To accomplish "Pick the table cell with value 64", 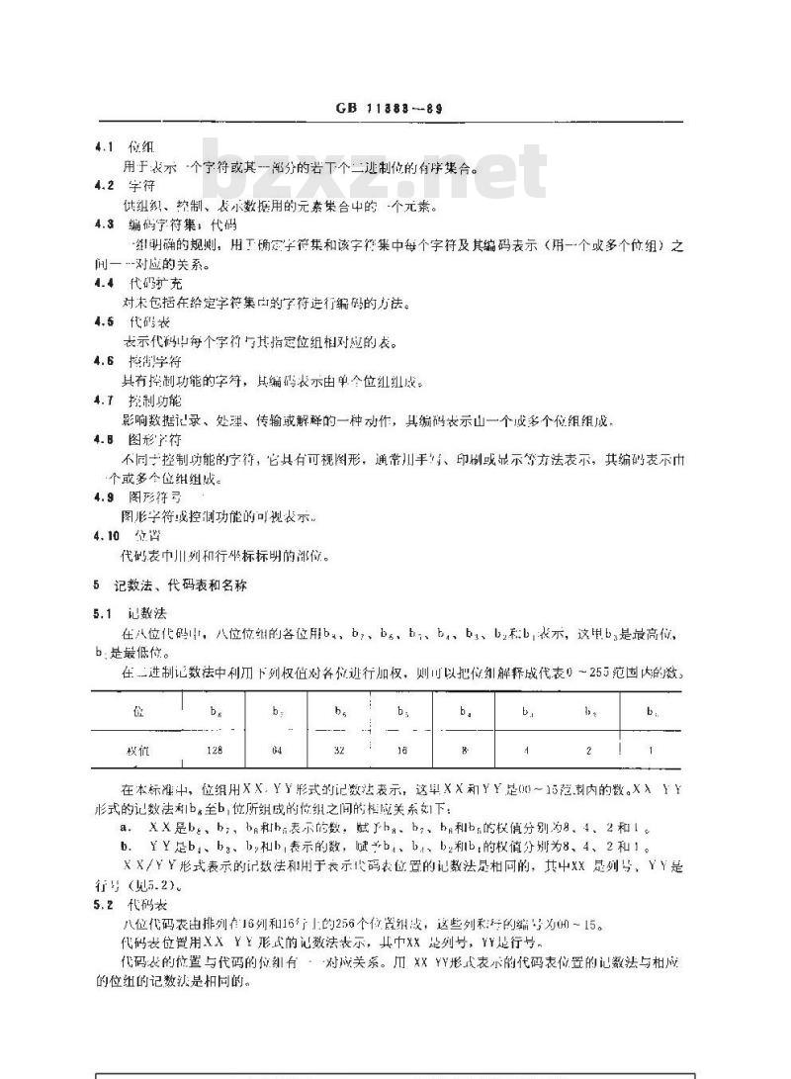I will [277, 751].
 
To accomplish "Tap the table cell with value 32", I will [341, 751].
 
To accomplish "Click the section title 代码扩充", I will [149, 284].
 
